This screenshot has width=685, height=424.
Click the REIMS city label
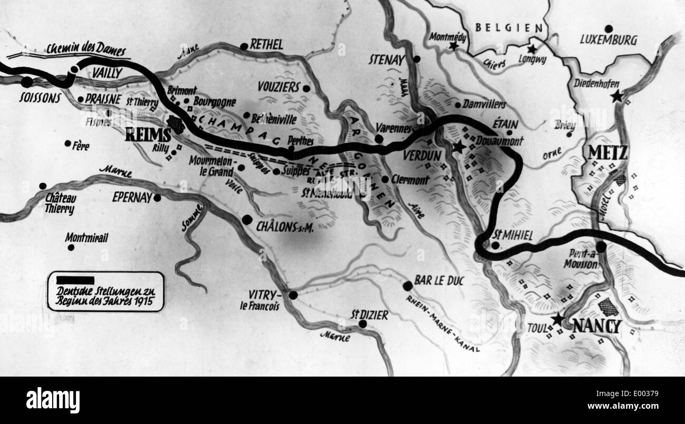(x=149, y=135)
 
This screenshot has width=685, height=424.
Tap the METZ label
(x=608, y=153)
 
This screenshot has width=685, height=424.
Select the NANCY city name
(x=596, y=327)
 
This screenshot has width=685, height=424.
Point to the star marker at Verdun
(x=458, y=147)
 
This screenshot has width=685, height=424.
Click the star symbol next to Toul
(x=557, y=319)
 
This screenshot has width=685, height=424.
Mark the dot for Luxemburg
(x=609, y=28)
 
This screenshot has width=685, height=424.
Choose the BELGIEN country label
(x=509, y=28)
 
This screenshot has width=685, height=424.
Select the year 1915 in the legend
(x=150, y=302)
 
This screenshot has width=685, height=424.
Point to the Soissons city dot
(x=26, y=82)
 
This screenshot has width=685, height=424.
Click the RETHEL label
(x=267, y=44)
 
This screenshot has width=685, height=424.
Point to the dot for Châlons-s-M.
(x=247, y=220)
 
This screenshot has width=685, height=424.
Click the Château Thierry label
(x=60, y=203)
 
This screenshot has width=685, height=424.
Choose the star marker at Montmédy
(x=453, y=46)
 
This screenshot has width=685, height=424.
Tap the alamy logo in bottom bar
(x=53, y=400)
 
